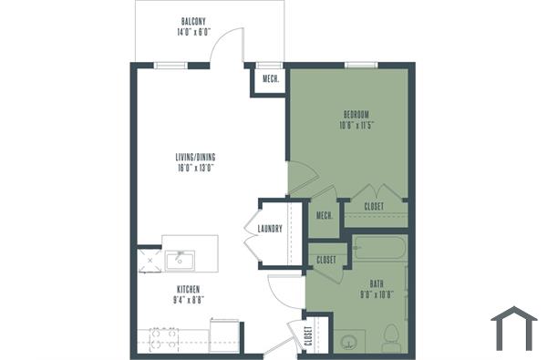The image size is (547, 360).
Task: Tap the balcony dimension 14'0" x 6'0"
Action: click(192, 32)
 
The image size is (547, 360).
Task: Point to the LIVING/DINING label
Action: click(196, 158)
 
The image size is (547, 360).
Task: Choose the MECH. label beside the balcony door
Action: click(271, 79)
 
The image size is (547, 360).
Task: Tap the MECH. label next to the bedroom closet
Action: click(324, 215)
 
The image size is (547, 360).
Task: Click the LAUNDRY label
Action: click(270, 229)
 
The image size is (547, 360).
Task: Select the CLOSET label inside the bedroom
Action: click(374, 207)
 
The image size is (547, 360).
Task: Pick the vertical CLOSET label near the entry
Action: click(308, 337)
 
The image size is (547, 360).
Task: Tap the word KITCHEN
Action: click(190, 289)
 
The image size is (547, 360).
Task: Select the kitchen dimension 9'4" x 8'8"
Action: click(190, 301)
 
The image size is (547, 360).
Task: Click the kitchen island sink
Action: click(179, 260)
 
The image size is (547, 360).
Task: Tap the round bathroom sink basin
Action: click(348, 344)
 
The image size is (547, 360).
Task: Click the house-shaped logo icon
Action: click(513, 329)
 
